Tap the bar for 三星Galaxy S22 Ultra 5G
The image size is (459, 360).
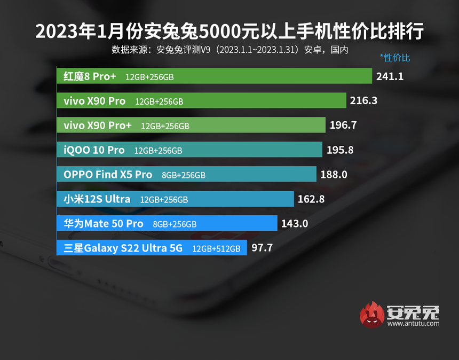pos(152,248)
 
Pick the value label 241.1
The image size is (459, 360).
pos(390,76)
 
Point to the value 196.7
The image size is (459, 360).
pos(343,126)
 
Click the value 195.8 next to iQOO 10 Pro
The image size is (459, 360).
pos(339,150)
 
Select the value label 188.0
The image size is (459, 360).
pos(334,175)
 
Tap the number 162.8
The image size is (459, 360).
pos(311,199)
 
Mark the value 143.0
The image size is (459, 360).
pos(295,224)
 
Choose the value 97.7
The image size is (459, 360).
pos(262,248)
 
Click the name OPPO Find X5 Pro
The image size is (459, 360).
pos(108,175)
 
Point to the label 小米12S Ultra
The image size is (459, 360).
pos(97,199)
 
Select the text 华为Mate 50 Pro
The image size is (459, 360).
pos(103,224)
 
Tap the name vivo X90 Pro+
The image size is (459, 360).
pos(98,126)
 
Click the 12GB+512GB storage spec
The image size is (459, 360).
pos(216,248)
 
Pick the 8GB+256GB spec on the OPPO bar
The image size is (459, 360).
pos(184,175)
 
